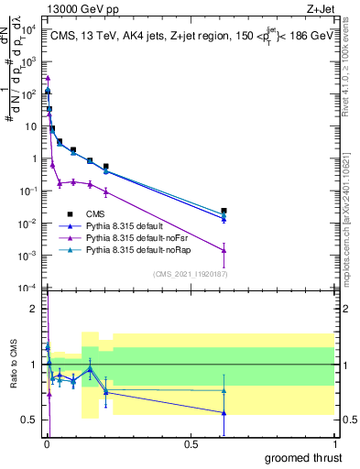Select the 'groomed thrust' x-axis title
coord(303,457)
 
